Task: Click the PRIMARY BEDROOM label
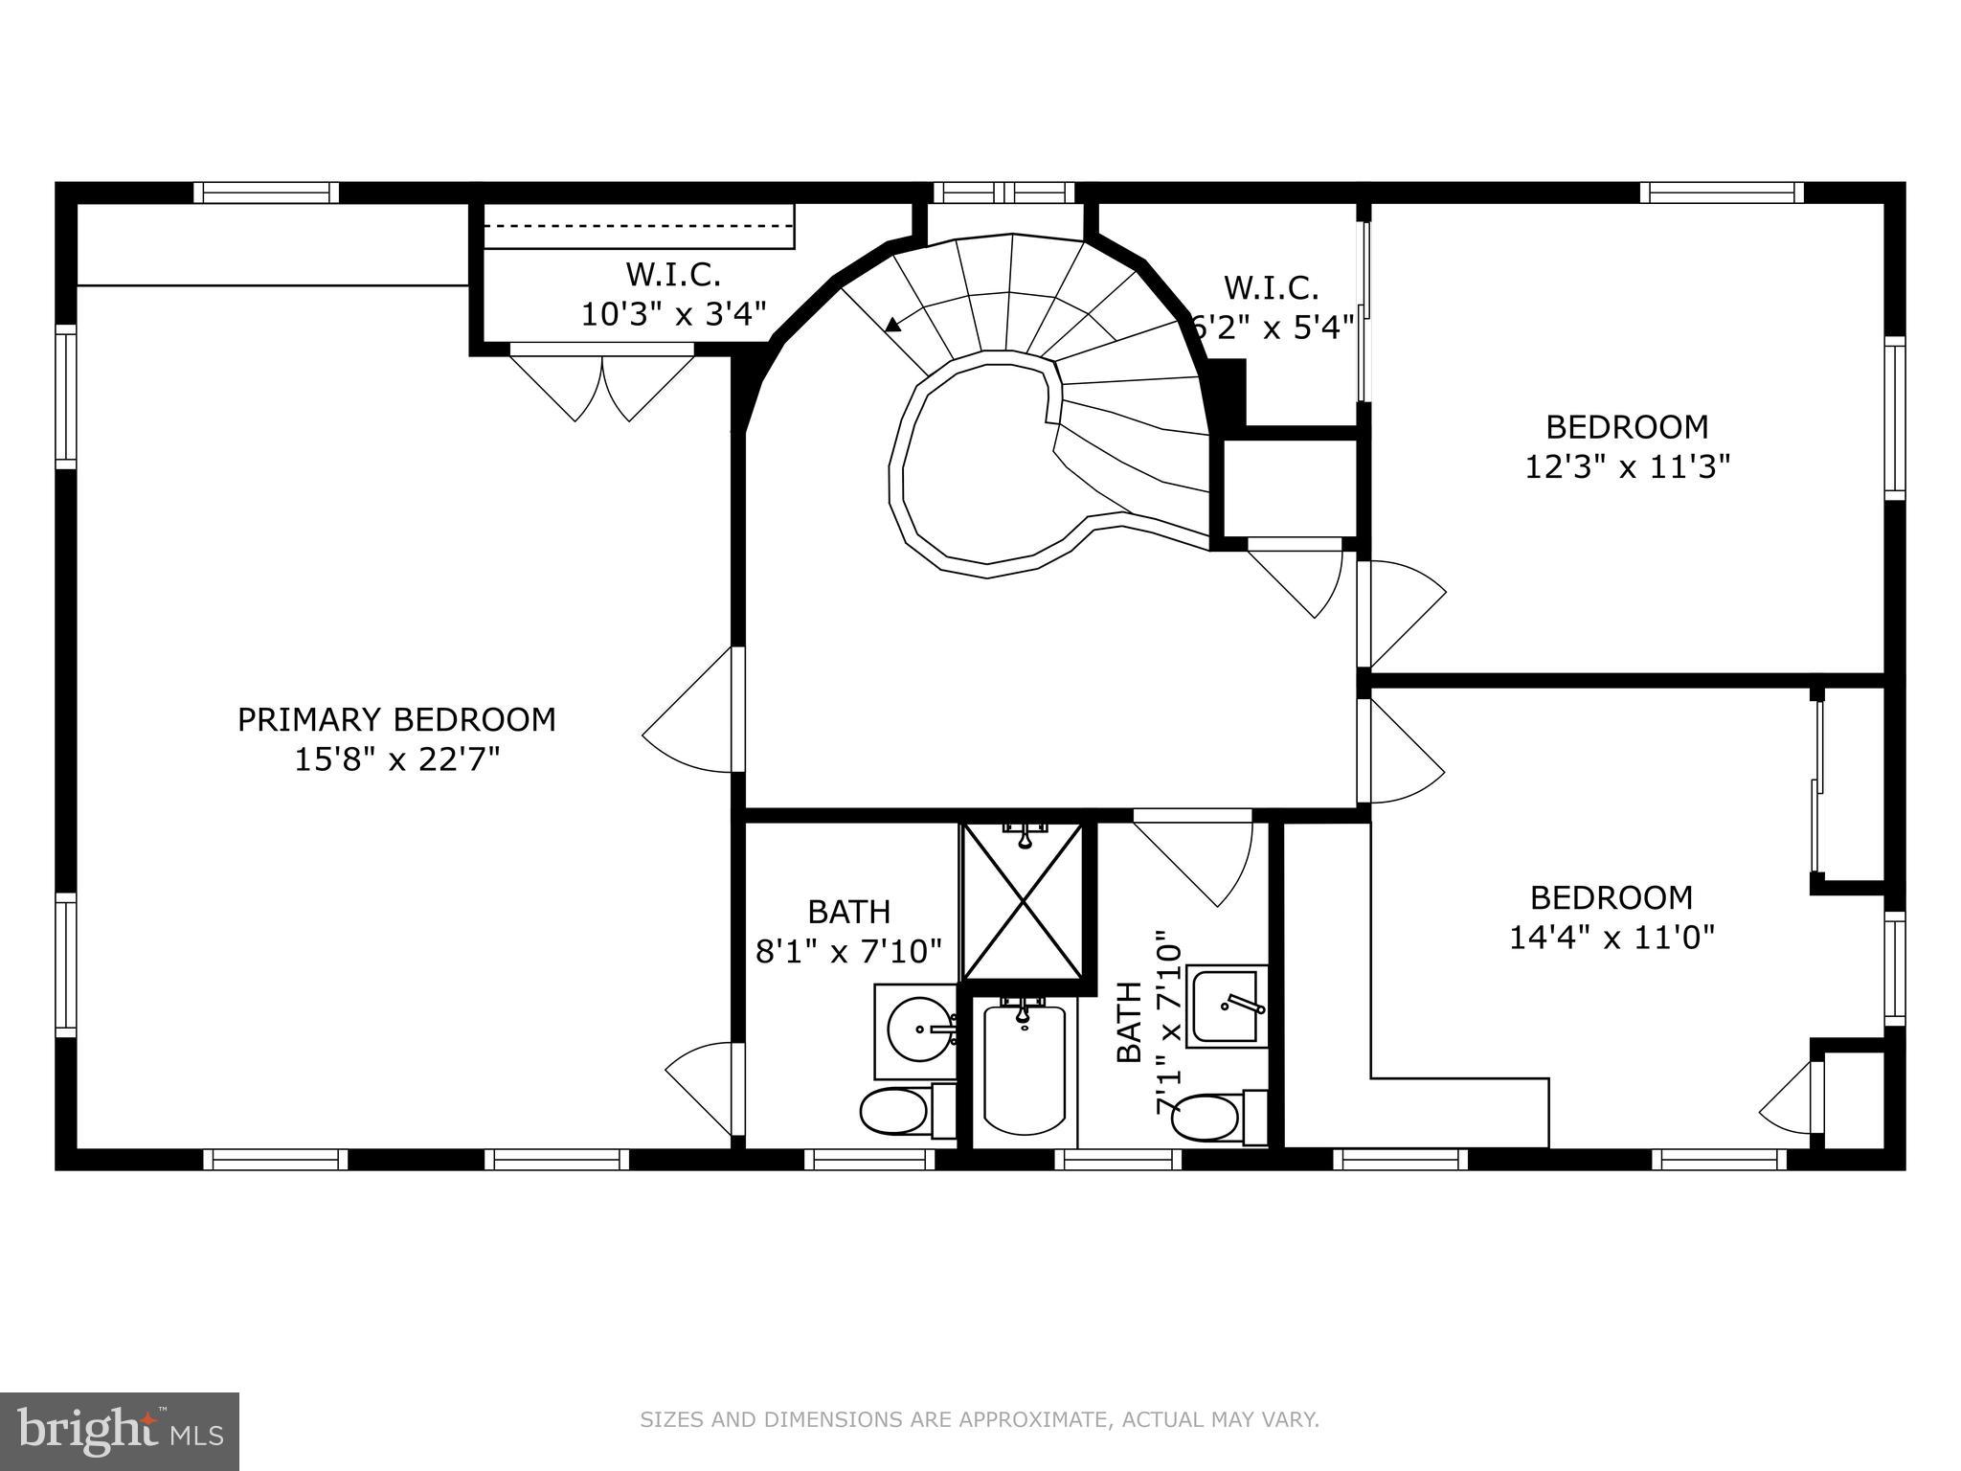[x=396, y=719]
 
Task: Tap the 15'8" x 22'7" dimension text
[x=396, y=760]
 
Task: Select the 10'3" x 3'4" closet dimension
[x=674, y=314]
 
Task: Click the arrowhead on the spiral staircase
[x=892, y=325]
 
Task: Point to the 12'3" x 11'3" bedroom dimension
[x=1627, y=467]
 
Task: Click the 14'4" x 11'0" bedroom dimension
[x=1612, y=937]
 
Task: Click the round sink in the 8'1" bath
[x=919, y=1030]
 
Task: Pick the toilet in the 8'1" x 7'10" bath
[x=895, y=1112]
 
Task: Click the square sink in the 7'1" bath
[x=1225, y=1006]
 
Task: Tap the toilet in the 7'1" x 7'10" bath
[x=1206, y=1117]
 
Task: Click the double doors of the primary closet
[x=602, y=386]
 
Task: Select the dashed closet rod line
[x=639, y=225]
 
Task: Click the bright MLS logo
[x=120, y=1431]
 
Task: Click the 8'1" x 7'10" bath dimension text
[x=849, y=952]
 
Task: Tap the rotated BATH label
[x=1130, y=1022]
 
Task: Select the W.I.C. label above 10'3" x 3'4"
[x=673, y=275]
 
